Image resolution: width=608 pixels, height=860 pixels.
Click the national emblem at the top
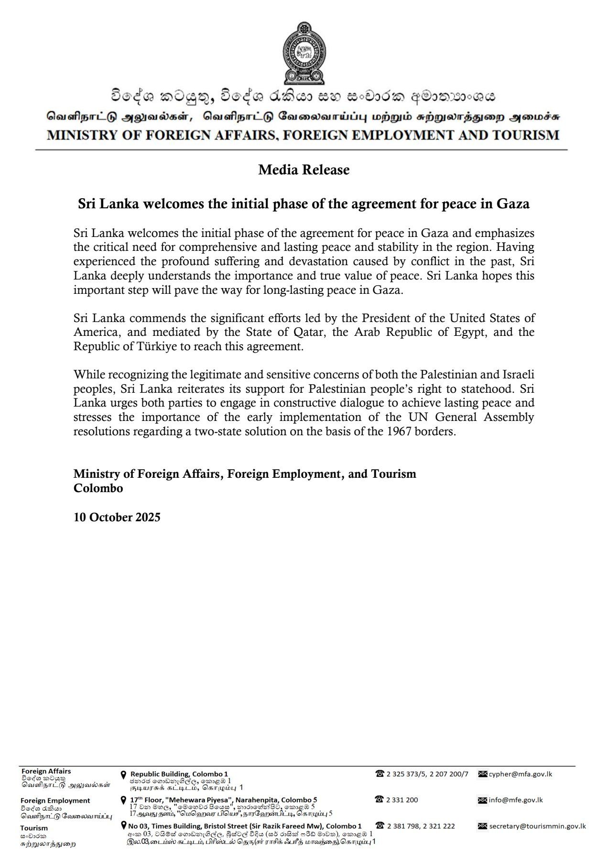tap(304, 53)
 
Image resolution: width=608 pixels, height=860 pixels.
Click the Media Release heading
tap(304, 170)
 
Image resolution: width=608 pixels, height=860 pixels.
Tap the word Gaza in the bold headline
tap(513, 204)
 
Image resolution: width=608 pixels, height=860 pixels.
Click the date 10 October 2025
tap(117, 517)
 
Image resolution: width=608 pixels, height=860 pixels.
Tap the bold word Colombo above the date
tap(98, 488)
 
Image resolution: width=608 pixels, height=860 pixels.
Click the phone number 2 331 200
tap(402, 800)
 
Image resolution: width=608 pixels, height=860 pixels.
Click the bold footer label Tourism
tap(34, 828)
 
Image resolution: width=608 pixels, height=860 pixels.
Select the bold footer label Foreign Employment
tap(55, 800)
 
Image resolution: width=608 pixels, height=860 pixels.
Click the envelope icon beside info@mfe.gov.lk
tap(482, 800)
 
